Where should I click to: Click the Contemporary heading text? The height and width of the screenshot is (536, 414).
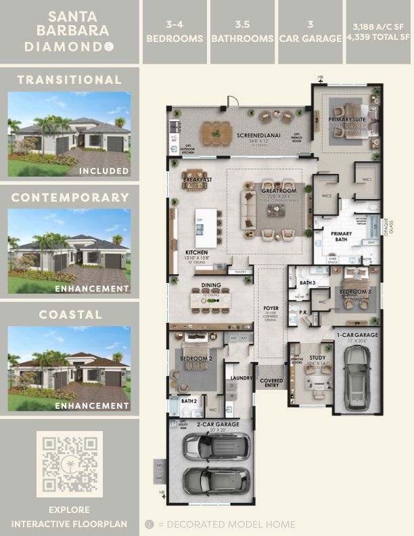[70, 198]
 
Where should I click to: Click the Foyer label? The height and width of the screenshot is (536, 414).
[271, 308]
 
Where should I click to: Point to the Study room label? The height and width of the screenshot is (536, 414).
[318, 358]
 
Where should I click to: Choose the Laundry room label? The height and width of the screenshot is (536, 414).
[241, 378]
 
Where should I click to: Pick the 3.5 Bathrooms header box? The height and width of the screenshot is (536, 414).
[241, 32]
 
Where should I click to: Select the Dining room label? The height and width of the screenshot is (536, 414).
[205, 286]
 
